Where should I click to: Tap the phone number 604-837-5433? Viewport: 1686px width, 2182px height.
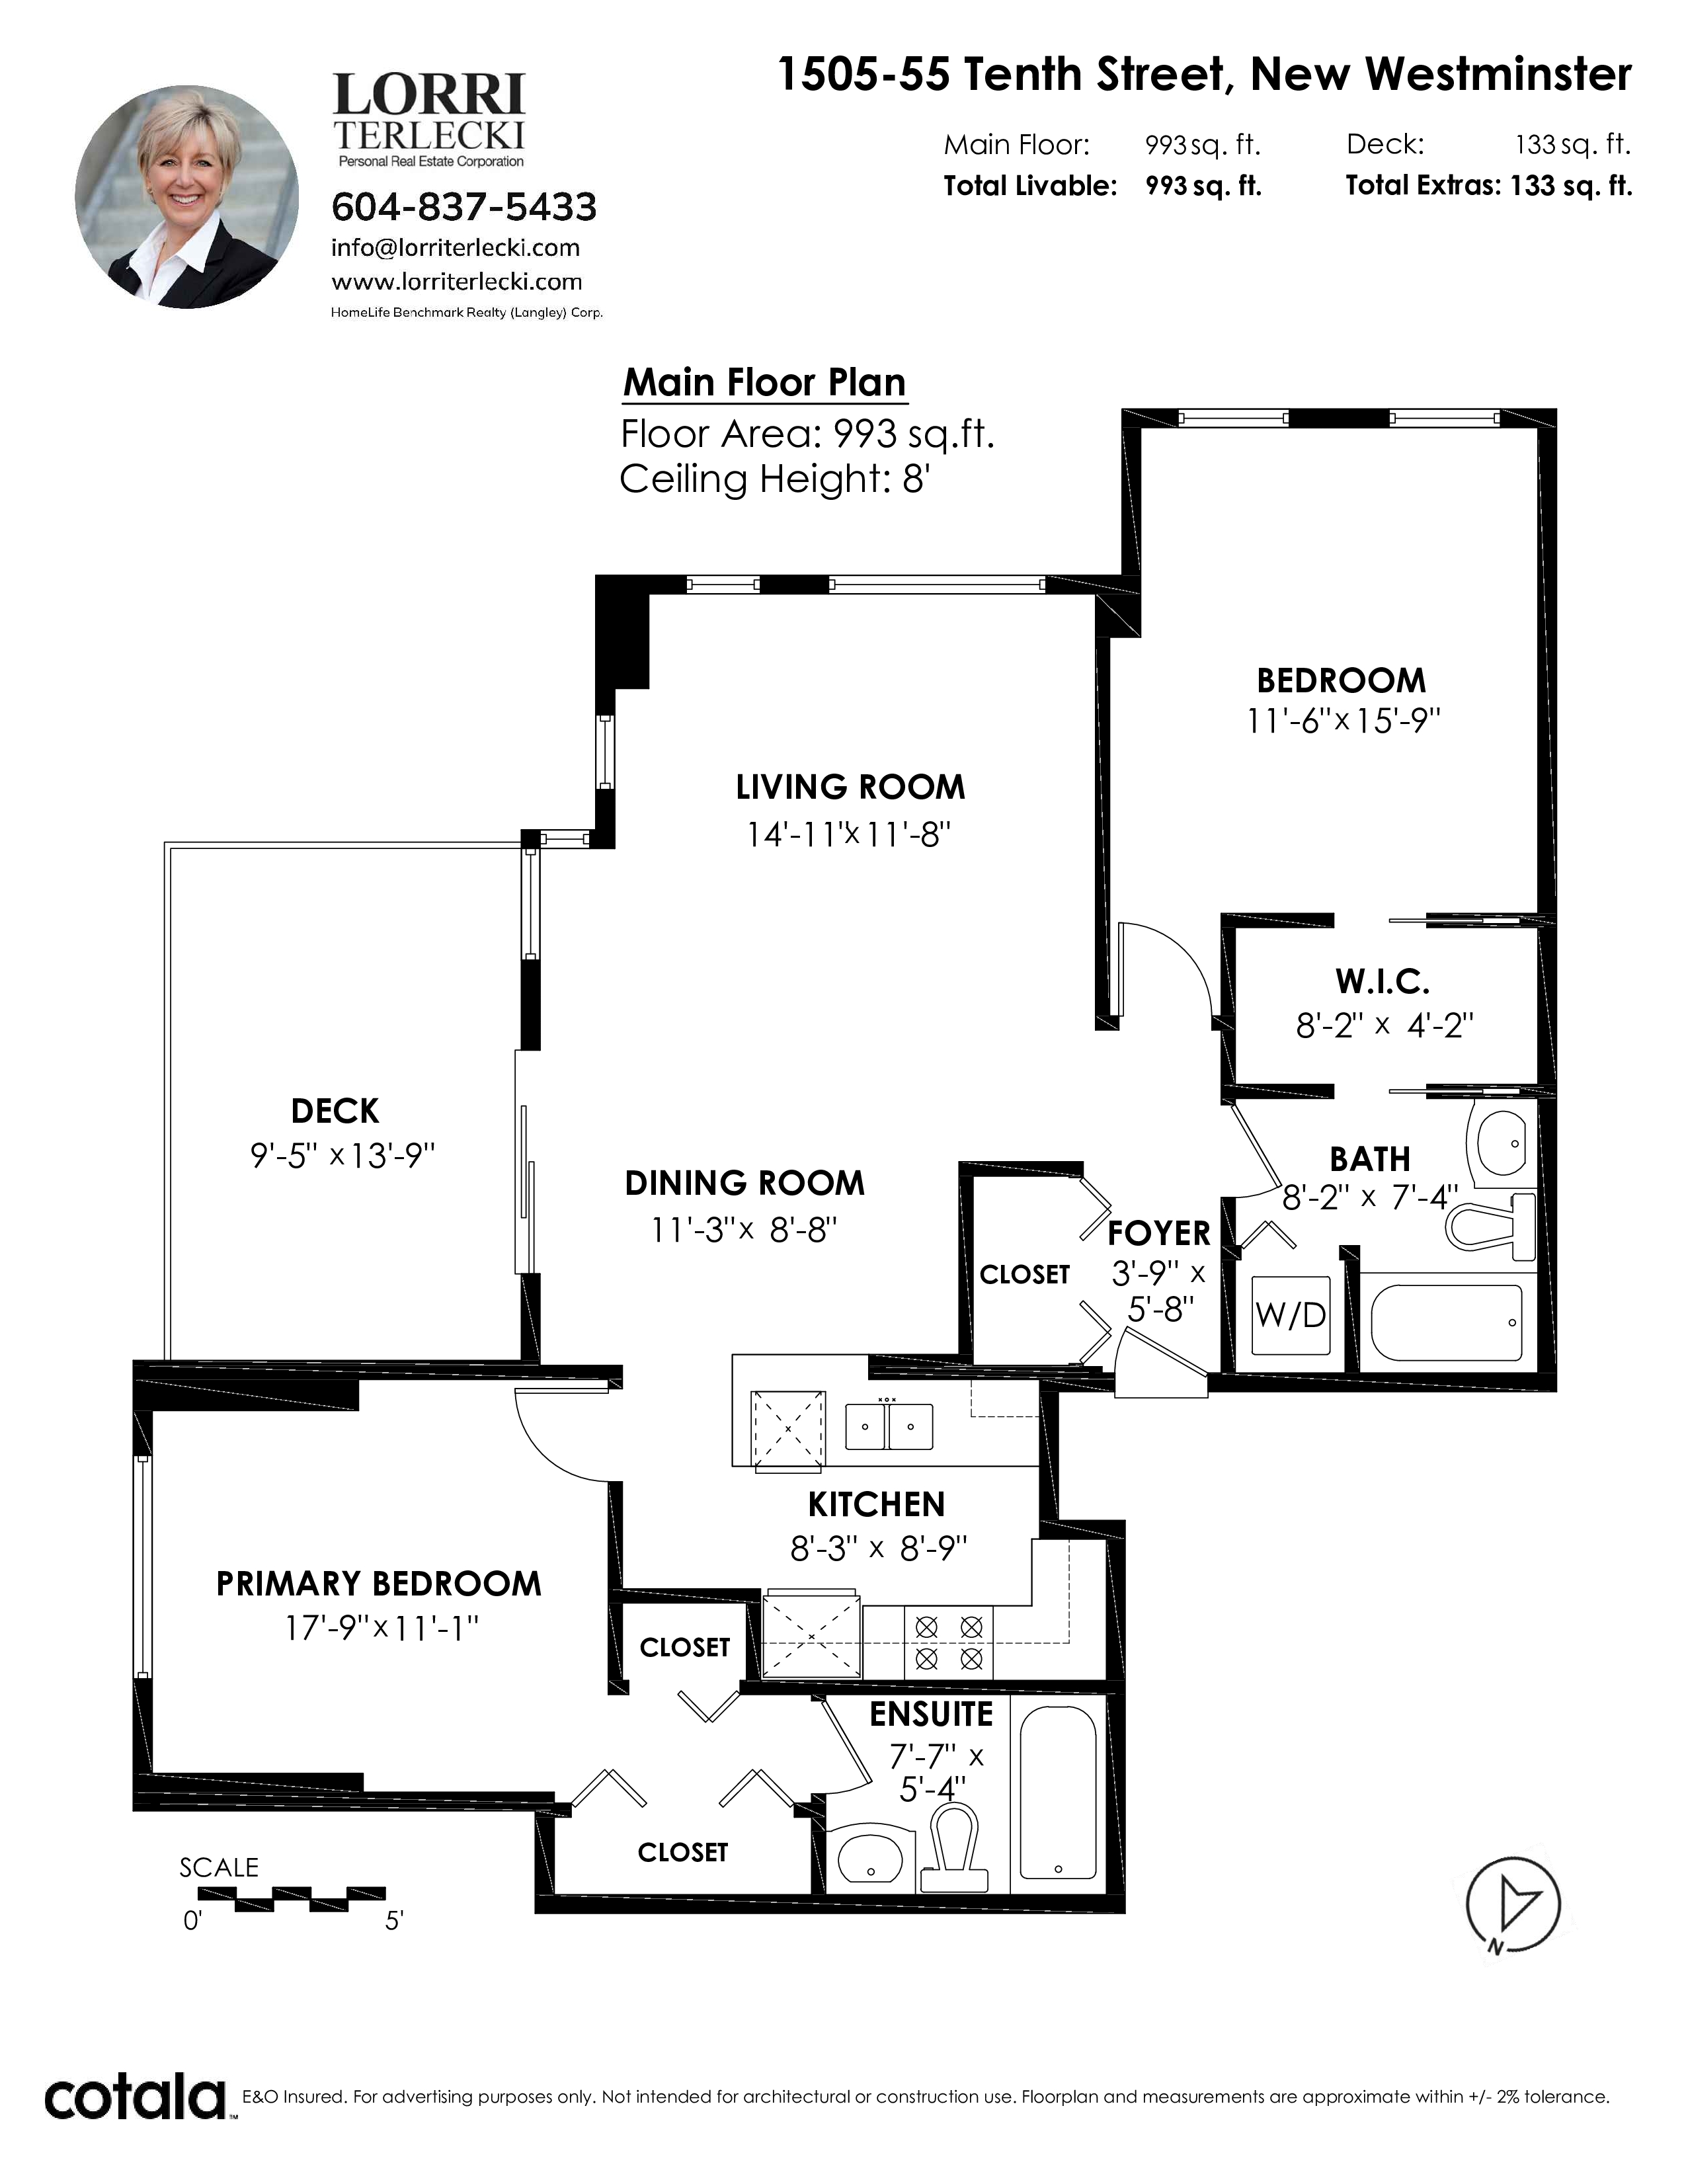pyautogui.click(x=463, y=207)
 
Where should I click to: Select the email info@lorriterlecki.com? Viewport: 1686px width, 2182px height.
pyautogui.click(x=456, y=248)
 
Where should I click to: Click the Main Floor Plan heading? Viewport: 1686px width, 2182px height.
pyautogui.click(x=765, y=383)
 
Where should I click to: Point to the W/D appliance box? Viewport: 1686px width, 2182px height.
pyautogui.click(x=1291, y=1314)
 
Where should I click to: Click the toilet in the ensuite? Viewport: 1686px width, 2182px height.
pyautogui.click(x=954, y=1853)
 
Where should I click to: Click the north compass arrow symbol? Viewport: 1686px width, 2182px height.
pyautogui.click(x=1513, y=1904)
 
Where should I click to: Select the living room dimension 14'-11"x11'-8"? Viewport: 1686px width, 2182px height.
pyautogui.click(x=849, y=834)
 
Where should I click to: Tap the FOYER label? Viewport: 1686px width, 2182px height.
pyautogui.click(x=1158, y=1234)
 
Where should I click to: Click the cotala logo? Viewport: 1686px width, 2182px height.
pyautogui.click(x=135, y=2098)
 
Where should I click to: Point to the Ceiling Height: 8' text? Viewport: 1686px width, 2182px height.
pyautogui.click(x=775, y=479)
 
